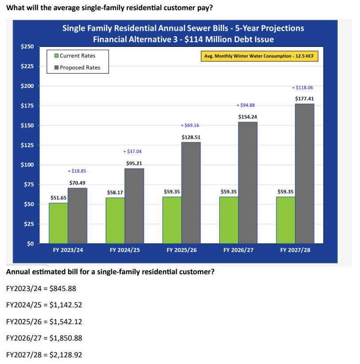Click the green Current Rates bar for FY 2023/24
(x=58, y=223)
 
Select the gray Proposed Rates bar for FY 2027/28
(x=304, y=173)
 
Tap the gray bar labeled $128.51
(x=190, y=192)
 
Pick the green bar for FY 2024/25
(x=115, y=220)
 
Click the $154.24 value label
(x=248, y=117)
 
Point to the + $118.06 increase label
(x=302, y=88)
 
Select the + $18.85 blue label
(x=77, y=171)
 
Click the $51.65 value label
(x=58, y=198)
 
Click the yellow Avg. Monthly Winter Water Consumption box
(x=259, y=57)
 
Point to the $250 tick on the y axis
(x=27, y=46)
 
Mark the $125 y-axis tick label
(x=27, y=145)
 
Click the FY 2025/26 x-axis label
(x=182, y=250)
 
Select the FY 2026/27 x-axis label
(x=239, y=250)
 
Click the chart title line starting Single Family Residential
(x=183, y=28)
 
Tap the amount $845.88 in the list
(x=63, y=288)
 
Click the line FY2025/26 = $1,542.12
(x=44, y=322)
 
